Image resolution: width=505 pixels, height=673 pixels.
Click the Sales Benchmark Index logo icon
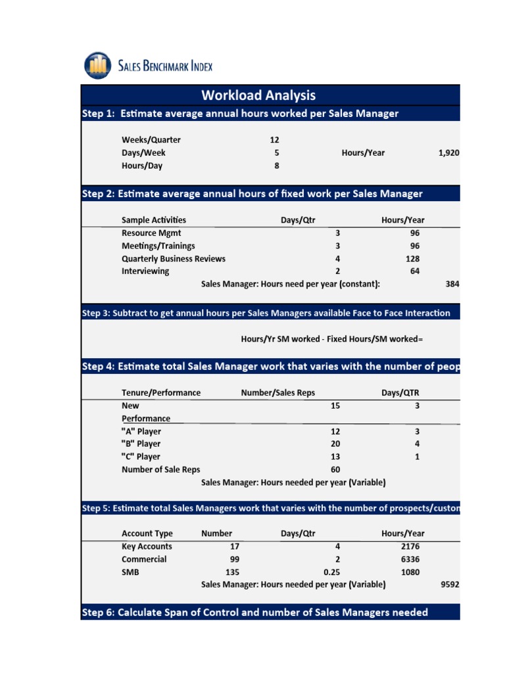98,65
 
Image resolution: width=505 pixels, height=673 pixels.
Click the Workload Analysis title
258,95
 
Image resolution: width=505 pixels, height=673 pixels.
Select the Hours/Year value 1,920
448,153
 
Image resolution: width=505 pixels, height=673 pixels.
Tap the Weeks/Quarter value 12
275,140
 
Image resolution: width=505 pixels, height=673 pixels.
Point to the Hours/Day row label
141,166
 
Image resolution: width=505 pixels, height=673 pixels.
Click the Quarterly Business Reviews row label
174,259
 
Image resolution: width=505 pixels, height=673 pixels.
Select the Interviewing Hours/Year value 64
414,271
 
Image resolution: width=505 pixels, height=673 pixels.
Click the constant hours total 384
452,284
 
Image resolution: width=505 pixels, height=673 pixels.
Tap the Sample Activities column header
154,220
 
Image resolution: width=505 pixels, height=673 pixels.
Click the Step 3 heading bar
270,313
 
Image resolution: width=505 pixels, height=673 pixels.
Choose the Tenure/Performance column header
161,393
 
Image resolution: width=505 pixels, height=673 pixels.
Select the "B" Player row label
141,444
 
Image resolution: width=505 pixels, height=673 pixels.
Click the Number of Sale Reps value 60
335,470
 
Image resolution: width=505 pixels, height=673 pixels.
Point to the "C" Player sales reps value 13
335,457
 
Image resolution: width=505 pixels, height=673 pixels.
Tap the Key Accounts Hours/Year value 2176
409,547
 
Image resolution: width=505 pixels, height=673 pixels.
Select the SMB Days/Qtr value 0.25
331,572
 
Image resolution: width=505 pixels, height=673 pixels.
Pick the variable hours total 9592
450,584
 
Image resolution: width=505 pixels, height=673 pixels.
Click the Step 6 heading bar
270,613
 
